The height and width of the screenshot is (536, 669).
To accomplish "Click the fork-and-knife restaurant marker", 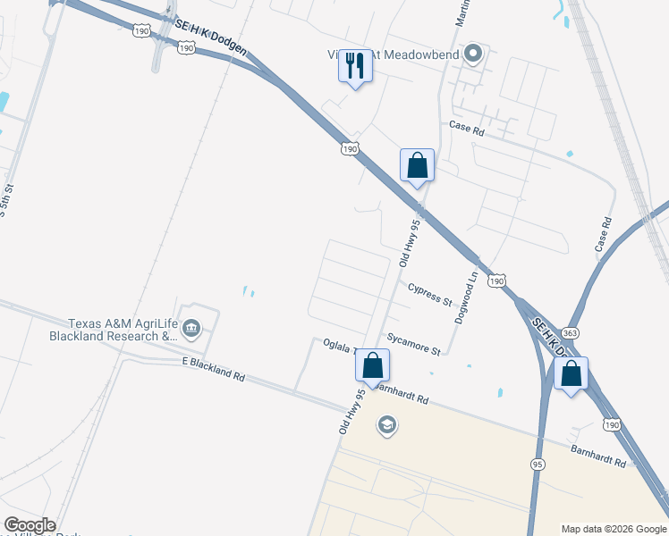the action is pos(356,65).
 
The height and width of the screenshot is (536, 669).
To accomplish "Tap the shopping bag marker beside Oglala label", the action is pos(373,365).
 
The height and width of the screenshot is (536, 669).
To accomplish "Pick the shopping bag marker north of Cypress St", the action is pos(417,166).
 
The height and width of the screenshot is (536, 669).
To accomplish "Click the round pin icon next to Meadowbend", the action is pos(475,55).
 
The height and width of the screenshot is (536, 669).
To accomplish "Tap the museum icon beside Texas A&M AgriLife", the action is pos(191,333).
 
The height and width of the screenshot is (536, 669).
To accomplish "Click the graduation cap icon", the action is pos(386,423).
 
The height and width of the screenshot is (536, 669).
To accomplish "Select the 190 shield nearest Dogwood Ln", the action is pos(496,281).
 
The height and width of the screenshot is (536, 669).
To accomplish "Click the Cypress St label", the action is pos(429,295).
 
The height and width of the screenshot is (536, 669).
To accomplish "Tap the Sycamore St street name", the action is pos(414,344).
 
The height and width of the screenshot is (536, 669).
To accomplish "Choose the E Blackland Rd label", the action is pos(213,369).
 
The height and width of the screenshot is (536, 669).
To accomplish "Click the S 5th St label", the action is pos(7,207).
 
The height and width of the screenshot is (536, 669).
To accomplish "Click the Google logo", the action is pos(30,525).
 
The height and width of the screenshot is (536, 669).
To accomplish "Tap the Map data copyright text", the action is pos(614,529).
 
